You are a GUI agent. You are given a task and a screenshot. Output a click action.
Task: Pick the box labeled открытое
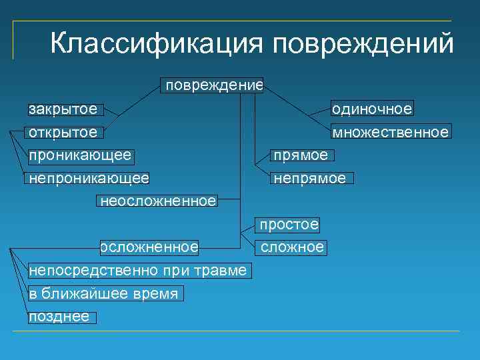click(63, 132)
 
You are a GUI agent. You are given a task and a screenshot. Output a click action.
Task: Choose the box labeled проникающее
click(79, 155)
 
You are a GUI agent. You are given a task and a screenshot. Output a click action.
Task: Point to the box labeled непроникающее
click(88, 178)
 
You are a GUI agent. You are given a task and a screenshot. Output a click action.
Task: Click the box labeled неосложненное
click(157, 201)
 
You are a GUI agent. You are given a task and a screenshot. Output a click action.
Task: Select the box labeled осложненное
click(149, 247)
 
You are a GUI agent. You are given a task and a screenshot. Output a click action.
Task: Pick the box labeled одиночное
click(372, 109)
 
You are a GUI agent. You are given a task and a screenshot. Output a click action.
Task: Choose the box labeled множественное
click(391, 132)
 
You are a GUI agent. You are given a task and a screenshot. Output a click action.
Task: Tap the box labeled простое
click(289, 225)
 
